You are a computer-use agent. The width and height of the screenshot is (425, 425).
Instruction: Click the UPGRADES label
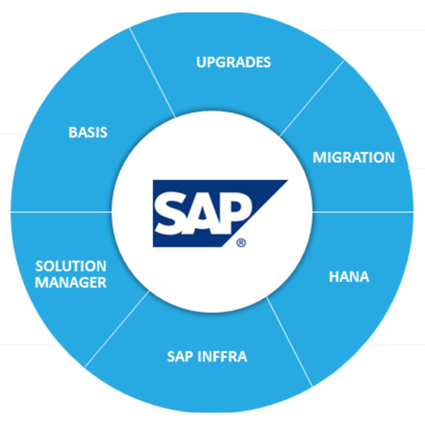click(233, 62)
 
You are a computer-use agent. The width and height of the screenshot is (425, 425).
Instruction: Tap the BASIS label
click(88, 132)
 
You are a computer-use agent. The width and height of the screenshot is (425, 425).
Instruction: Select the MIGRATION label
click(353, 157)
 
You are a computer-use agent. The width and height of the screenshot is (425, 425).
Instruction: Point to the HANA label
click(349, 277)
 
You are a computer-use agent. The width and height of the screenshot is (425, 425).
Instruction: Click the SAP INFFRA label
click(207, 357)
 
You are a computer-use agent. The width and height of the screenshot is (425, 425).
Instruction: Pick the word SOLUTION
click(71, 266)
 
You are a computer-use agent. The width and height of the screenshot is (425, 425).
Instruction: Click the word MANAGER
click(71, 283)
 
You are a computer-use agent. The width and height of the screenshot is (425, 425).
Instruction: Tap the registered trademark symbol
click(241, 244)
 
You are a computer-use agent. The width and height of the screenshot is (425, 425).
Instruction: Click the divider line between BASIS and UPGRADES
click(152, 72)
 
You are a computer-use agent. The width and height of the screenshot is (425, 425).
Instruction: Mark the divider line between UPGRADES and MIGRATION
click(312, 98)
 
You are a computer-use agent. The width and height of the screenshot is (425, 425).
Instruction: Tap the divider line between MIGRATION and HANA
click(362, 212)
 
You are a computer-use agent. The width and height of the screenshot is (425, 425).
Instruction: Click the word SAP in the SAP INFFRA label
click(180, 357)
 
